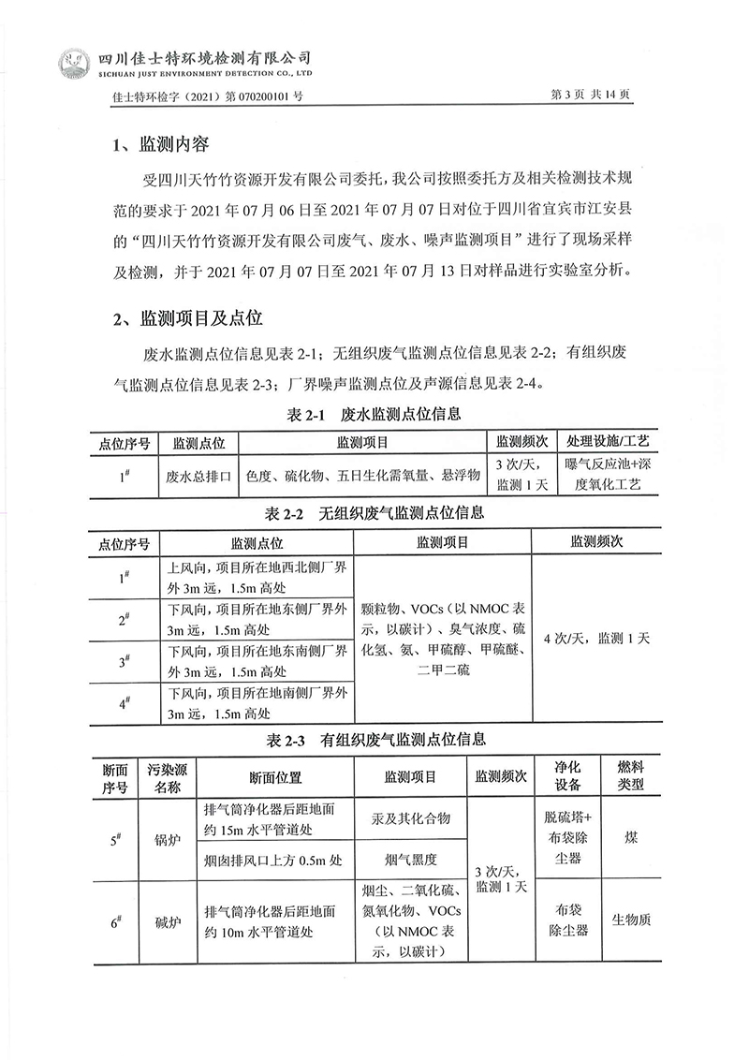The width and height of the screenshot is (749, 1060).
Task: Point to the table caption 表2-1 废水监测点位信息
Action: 374,414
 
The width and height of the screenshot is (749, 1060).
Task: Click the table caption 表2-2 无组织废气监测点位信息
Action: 374,513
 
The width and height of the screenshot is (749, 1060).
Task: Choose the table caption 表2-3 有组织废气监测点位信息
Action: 374,740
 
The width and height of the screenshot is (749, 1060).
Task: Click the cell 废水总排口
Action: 198,476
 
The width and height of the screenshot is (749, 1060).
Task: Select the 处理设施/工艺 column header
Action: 607,441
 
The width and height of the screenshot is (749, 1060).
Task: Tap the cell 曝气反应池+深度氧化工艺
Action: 607,475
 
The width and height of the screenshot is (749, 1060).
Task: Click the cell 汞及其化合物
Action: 410,818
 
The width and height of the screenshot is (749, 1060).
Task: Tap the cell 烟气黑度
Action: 410,859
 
